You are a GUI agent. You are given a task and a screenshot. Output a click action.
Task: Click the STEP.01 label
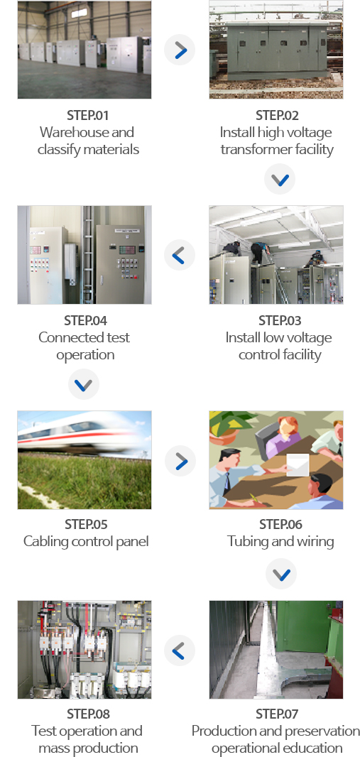pyautogui.click(x=88, y=115)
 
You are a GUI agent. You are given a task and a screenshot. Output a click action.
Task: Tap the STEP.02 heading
pyautogui.click(x=277, y=115)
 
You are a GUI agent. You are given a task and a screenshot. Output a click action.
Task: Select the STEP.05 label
pyautogui.click(x=86, y=524)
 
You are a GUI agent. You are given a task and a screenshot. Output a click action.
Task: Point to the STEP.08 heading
pyautogui.click(x=88, y=714)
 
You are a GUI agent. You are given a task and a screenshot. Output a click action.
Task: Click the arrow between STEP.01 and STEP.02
pyautogui.click(x=180, y=50)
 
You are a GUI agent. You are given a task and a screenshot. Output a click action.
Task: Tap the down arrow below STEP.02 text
pyautogui.click(x=280, y=180)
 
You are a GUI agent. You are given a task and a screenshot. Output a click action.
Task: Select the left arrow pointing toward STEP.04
pyautogui.click(x=180, y=255)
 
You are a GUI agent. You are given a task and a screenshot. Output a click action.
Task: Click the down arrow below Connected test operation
pyautogui.click(x=84, y=384)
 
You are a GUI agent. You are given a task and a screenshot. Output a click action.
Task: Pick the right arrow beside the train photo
pyautogui.click(x=180, y=461)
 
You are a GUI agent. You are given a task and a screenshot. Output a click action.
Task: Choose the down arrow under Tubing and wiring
pyautogui.click(x=281, y=574)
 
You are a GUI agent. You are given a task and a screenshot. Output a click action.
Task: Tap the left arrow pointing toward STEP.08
pyautogui.click(x=180, y=650)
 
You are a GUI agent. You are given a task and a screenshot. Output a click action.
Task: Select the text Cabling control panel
pyautogui.click(x=86, y=541)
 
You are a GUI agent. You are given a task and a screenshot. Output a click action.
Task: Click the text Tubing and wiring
pyautogui.click(x=280, y=541)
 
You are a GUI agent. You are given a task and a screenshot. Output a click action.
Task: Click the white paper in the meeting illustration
pyautogui.click(x=298, y=465)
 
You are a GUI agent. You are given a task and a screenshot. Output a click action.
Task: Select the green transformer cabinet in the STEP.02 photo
pyautogui.click(x=268, y=50)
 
